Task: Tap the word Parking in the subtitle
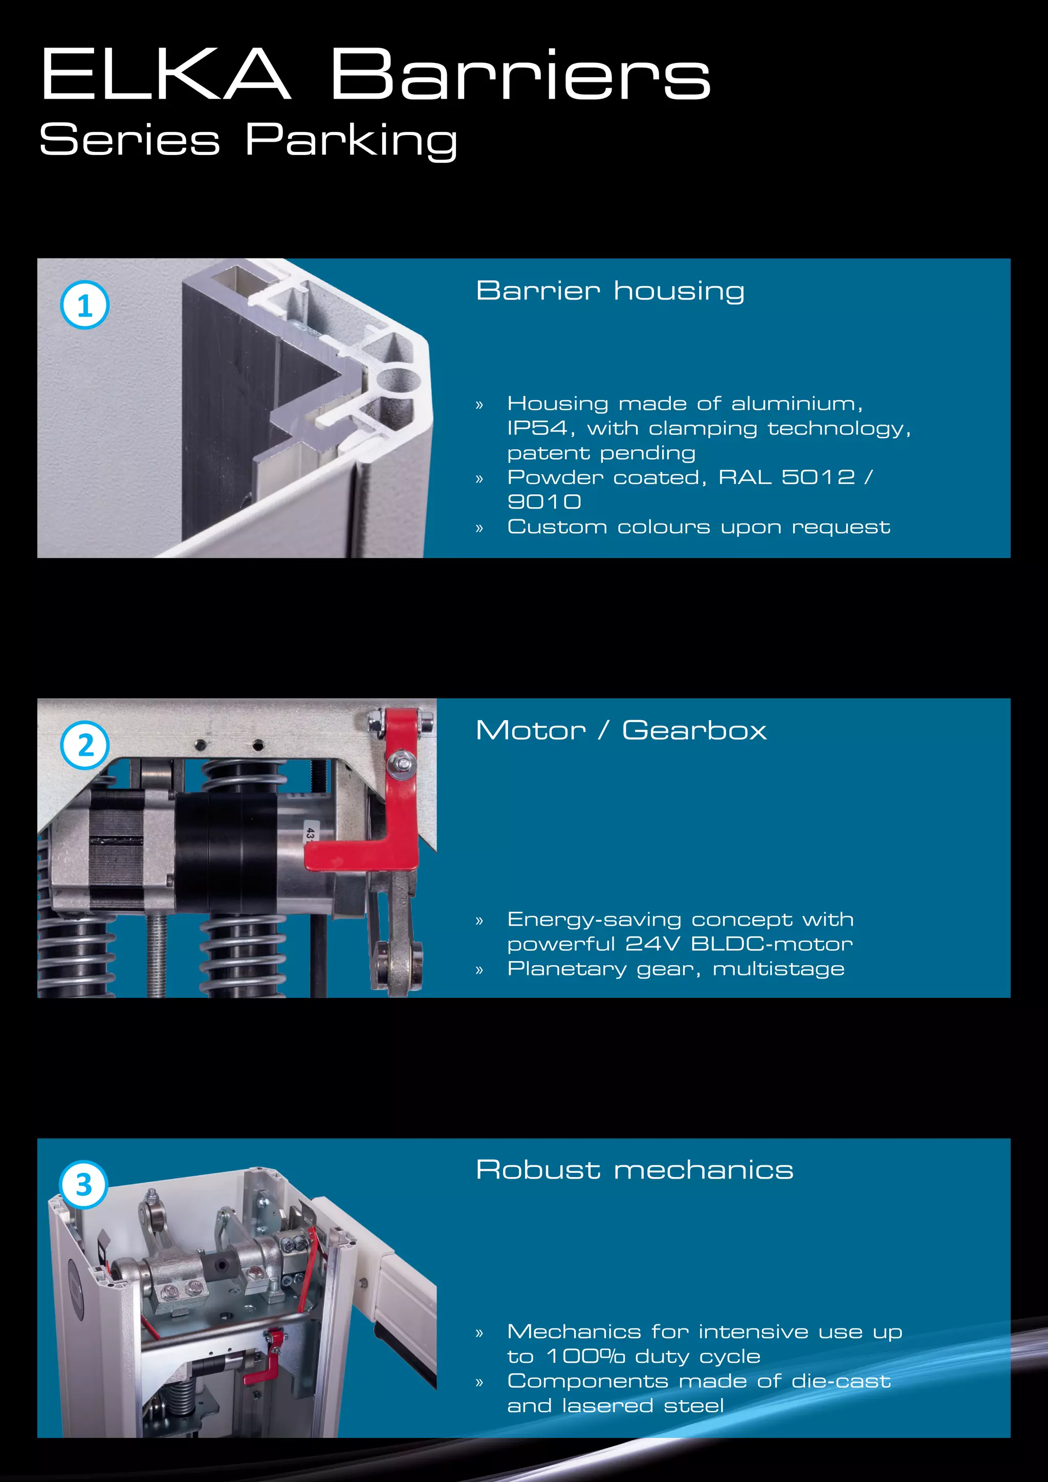pyautogui.click(x=352, y=140)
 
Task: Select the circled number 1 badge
pyautogui.click(x=84, y=306)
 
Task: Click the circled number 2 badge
pyautogui.click(x=84, y=746)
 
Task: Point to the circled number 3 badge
pyautogui.click(x=84, y=1185)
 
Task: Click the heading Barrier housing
pyautogui.click(x=610, y=291)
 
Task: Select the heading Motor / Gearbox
pyautogui.click(x=621, y=731)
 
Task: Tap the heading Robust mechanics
pyautogui.click(x=635, y=1170)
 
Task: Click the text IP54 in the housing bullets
pyautogui.click(x=537, y=428)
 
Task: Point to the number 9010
pyautogui.click(x=544, y=502)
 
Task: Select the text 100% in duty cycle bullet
pyautogui.click(x=586, y=1356)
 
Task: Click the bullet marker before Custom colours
pyautogui.click(x=479, y=528)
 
